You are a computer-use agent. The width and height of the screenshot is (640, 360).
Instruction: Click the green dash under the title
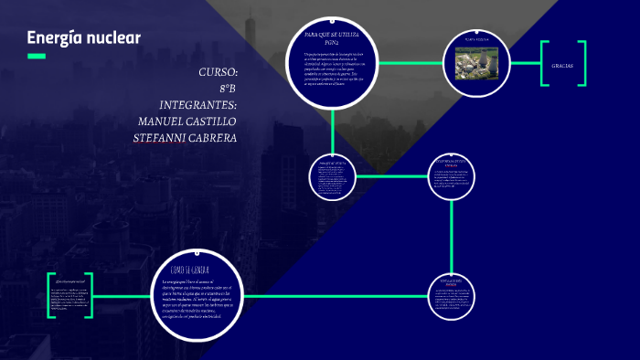pos(37,57)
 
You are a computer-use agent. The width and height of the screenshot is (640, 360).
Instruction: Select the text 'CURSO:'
pos(218,72)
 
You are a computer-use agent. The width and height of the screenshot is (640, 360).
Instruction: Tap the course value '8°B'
pos(228,89)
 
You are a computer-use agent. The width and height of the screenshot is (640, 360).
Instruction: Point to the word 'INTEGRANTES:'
pos(198,105)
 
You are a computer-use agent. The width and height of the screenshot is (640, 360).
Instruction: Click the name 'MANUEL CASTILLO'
pos(187,122)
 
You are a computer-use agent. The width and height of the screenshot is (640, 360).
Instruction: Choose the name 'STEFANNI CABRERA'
pos(186,138)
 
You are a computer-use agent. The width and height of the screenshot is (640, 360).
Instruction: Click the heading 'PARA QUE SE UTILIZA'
pos(333,34)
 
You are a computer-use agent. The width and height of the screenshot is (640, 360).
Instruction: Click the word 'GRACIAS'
pos(562,65)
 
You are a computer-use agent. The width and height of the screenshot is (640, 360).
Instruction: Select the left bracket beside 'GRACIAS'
pos(545,64)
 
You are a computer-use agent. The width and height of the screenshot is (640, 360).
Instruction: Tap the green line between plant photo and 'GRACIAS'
pos(520,64)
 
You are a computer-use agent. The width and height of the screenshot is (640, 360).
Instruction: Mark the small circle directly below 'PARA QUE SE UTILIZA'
pos(331,175)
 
